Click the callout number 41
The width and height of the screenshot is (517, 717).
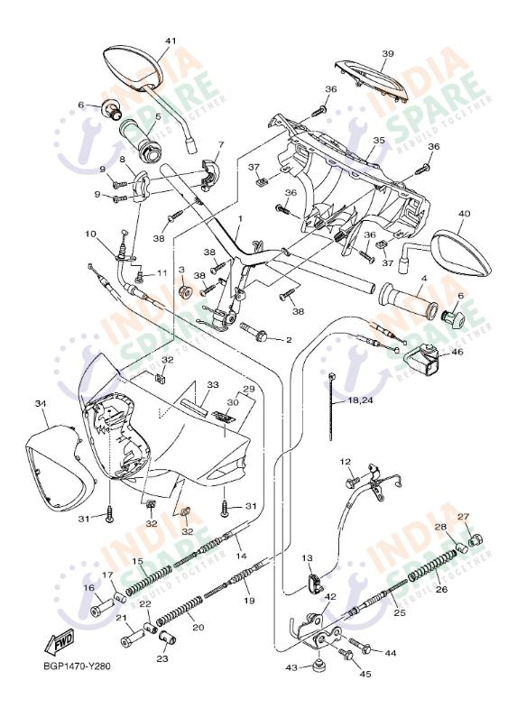point(171,41)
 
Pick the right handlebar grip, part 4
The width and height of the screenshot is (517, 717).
point(407,299)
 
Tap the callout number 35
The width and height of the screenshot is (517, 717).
point(378,141)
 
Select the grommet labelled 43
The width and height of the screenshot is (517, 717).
point(318,669)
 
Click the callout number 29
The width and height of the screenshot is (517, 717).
point(246,389)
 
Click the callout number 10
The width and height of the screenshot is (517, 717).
point(91,234)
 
